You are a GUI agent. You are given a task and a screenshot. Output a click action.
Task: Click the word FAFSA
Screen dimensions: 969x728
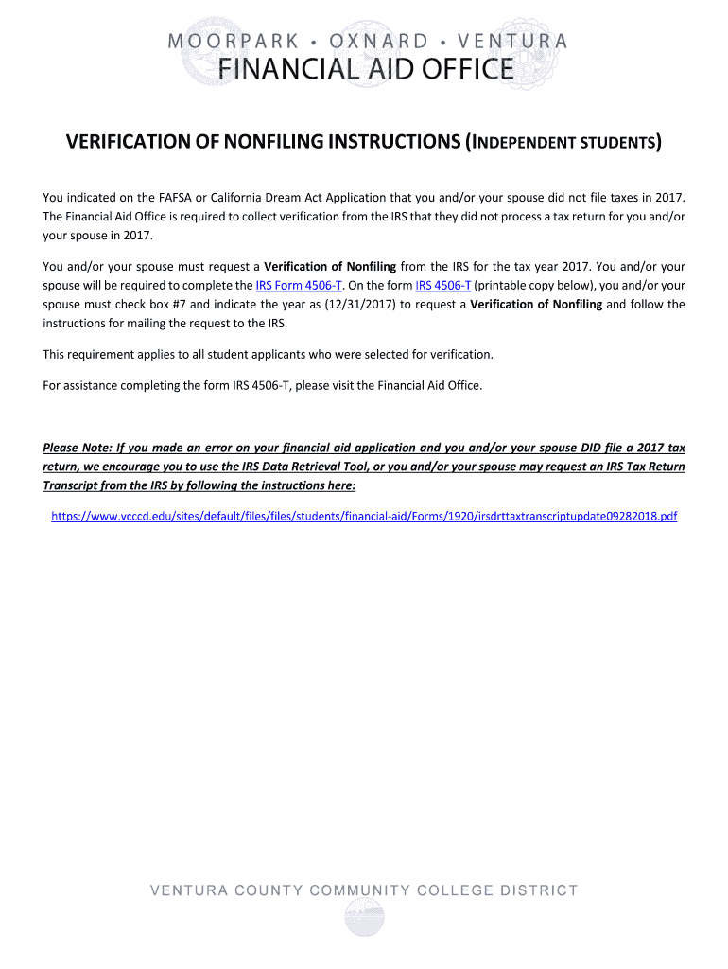tap(167, 197)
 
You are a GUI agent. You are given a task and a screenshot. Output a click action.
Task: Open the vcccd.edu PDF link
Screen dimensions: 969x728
tap(364, 517)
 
